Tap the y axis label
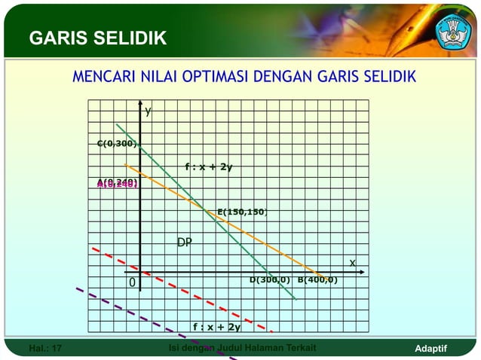tap(149, 111)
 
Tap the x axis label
tap(351, 261)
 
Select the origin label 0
tap(131, 283)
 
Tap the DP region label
tap(184, 243)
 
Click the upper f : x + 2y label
tap(208, 167)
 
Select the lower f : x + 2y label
tap(216, 327)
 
